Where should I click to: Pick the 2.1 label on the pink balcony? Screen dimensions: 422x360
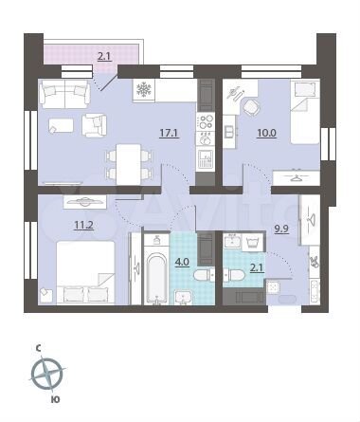click(103, 57)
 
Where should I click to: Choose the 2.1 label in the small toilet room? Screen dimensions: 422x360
click(256, 268)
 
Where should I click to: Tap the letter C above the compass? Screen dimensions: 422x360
click(39, 348)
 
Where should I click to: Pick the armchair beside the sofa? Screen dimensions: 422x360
click(96, 124)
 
